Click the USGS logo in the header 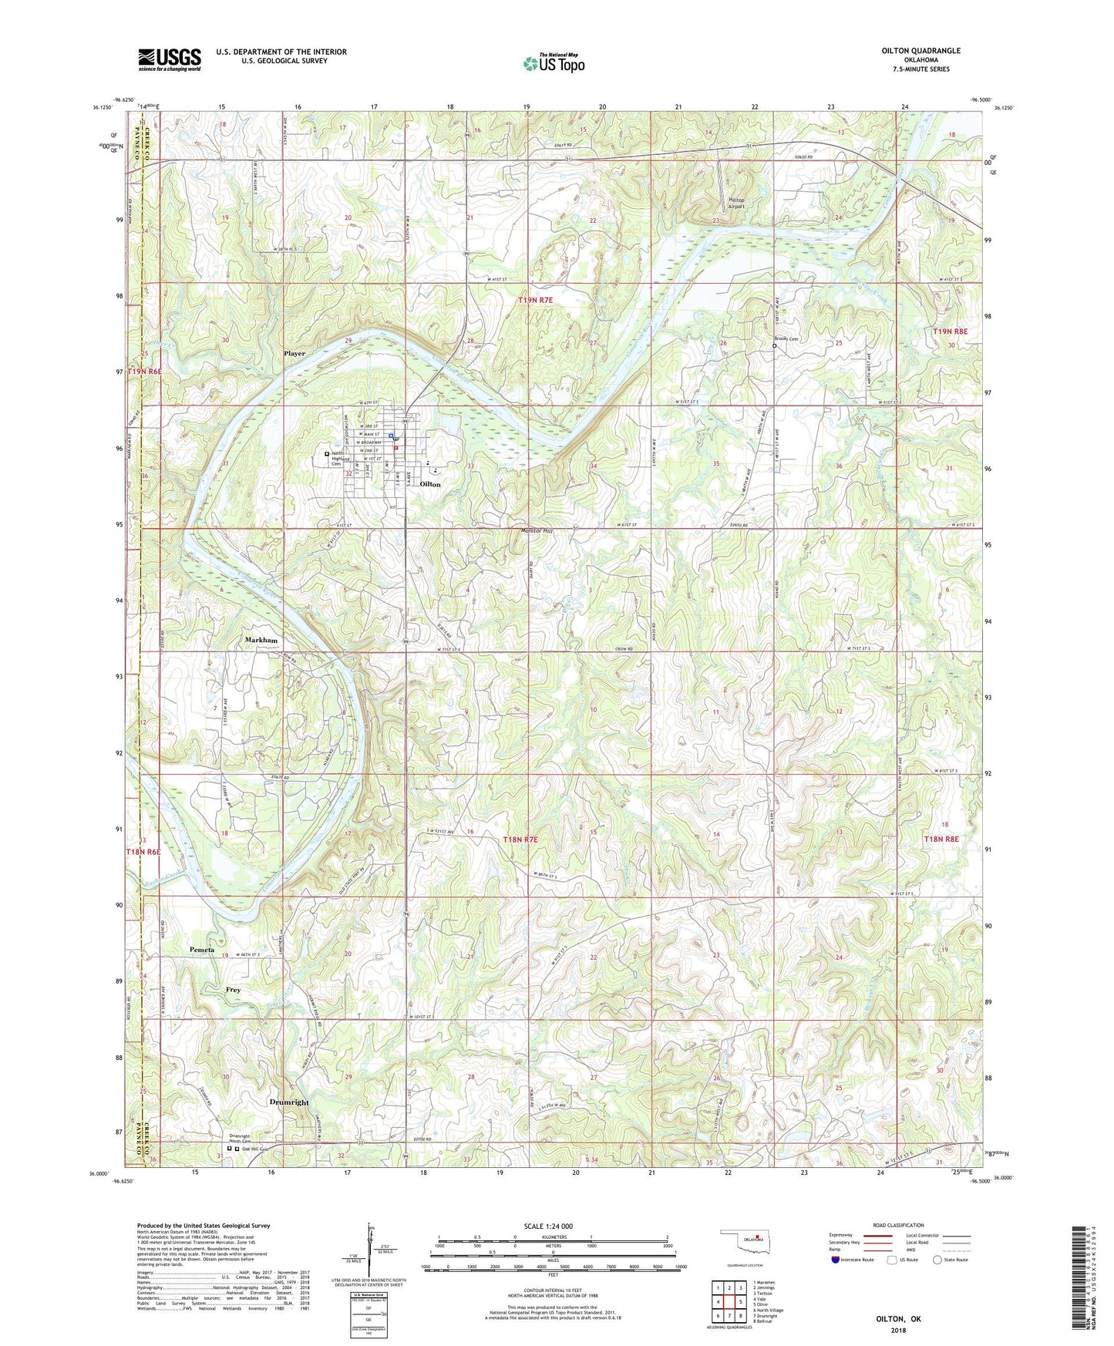170,59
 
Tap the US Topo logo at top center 554,63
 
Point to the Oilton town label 430,484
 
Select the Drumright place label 289,1102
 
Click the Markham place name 261,641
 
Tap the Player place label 294,354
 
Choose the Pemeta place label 202,950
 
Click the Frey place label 233,990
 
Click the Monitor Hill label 537,531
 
